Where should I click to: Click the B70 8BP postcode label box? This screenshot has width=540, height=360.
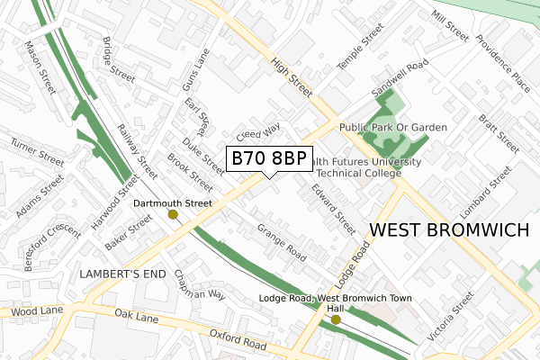click(269, 159)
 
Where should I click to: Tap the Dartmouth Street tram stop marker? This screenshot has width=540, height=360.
click(173, 215)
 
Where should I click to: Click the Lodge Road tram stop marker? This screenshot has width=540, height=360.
click(336, 319)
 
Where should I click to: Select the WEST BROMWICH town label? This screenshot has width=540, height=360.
click(449, 230)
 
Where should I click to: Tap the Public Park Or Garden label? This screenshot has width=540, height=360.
click(393, 128)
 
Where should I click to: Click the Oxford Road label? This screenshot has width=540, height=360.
click(238, 340)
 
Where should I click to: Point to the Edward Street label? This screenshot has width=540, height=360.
click(334, 205)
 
